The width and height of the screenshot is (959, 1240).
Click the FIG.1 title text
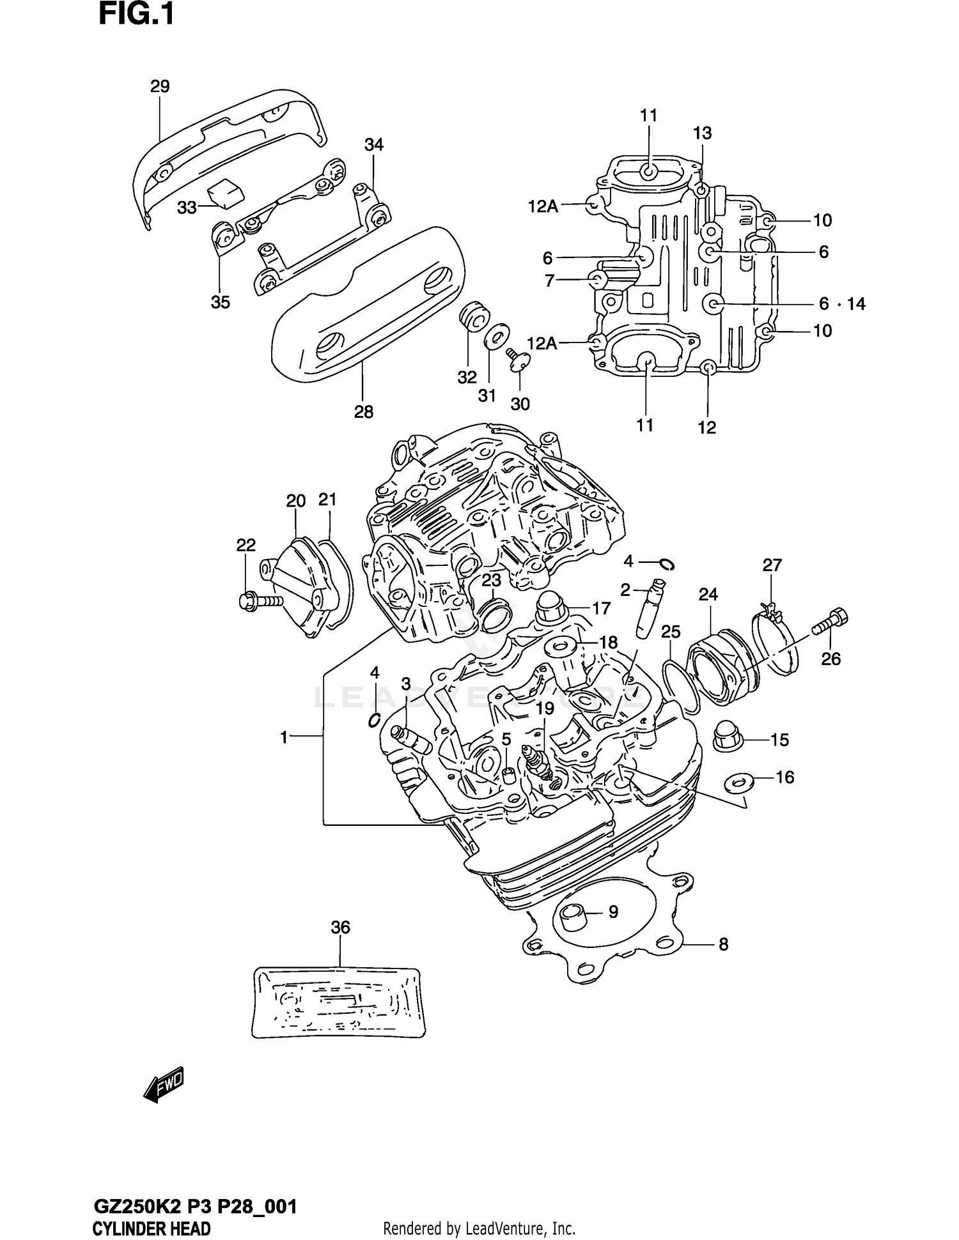tap(136, 15)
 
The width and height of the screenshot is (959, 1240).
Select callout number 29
tap(160, 86)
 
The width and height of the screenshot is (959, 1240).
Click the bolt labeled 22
tap(259, 601)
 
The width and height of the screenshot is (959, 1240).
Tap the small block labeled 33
tap(225, 192)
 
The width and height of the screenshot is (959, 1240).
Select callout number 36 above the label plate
tap(341, 927)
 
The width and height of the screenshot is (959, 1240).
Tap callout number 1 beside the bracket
tap(284, 737)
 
